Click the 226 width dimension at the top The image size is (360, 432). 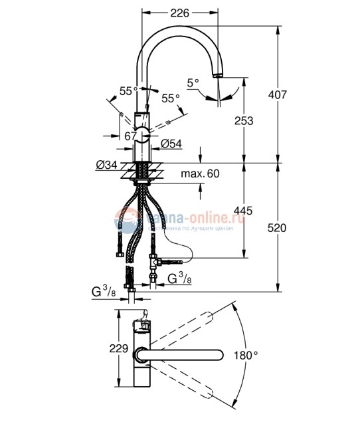pos(180,12)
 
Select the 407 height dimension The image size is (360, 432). pos(278,95)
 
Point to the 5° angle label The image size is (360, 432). pos(193,84)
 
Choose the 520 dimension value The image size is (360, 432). pos(278,228)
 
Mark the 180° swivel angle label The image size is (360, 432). pos(245,356)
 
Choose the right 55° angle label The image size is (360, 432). pos(171,98)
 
